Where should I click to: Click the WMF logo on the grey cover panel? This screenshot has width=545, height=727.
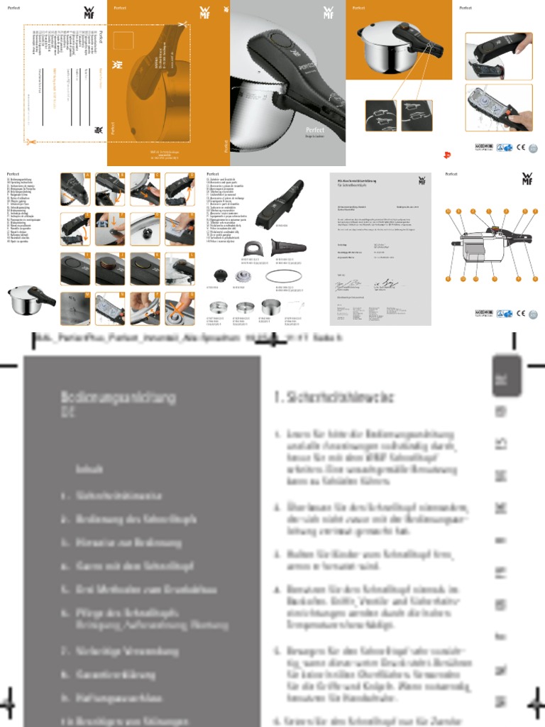tap(329, 13)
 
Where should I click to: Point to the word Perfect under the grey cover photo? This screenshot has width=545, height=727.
tap(315, 130)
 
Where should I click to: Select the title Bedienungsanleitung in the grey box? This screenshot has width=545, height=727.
tap(118, 398)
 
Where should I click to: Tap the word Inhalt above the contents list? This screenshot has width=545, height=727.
tap(89, 469)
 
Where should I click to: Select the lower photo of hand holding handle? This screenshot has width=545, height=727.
tap(499, 108)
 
